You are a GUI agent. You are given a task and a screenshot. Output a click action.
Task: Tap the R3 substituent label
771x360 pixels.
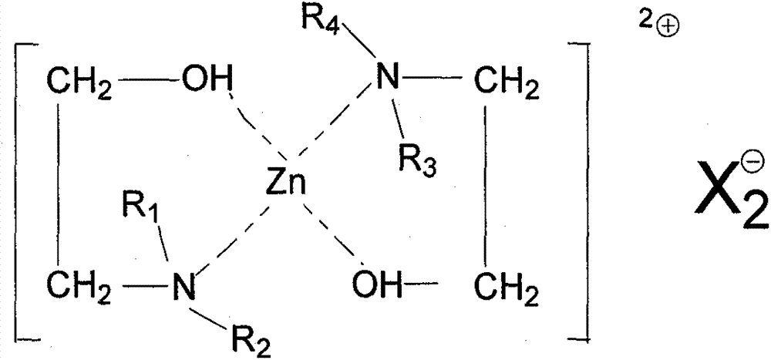tap(417, 160)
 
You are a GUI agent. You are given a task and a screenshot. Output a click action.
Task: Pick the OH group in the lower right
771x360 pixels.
tap(377, 284)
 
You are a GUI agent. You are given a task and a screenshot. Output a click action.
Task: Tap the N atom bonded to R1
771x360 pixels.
tap(184, 286)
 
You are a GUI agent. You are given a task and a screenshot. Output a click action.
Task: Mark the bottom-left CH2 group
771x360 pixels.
tap(79, 288)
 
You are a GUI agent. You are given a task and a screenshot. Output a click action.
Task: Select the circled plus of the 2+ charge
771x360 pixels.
tap(668, 29)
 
